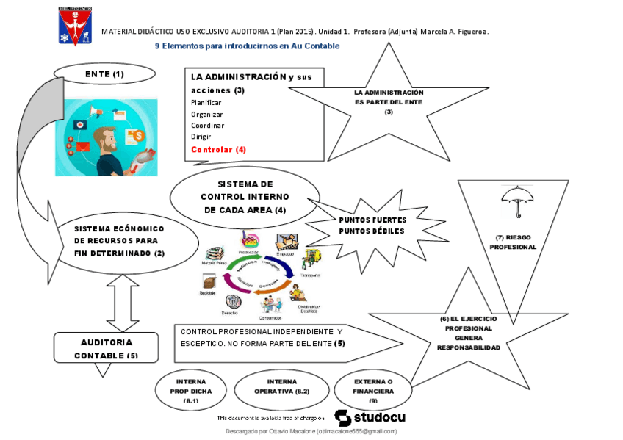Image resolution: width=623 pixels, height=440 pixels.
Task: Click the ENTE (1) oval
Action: pyautogui.click(x=104, y=73)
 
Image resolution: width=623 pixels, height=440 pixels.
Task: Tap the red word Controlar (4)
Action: pyautogui.click(x=218, y=149)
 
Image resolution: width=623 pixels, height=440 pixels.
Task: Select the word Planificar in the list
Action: pyautogui.click(x=206, y=102)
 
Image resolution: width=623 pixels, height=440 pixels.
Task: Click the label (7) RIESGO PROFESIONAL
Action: pyautogui.click(x=514, y=242)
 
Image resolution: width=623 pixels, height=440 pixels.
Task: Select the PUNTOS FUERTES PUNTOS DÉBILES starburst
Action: pyautogui.click(x=372, y=225)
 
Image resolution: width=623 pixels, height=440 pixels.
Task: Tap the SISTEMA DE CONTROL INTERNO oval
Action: pyautogui.click(x=240, y=196)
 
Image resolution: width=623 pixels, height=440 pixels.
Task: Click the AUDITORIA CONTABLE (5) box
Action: pyautogui.click(x=106, y=348)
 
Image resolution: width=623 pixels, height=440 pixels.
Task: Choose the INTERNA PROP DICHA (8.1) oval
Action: pyautogui.click(x=192, y=391)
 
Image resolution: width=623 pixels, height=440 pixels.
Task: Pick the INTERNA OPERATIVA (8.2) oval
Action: pyautogui.click(x=282, y=387)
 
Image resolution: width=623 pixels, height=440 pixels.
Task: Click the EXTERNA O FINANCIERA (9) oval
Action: pyautogui.click(x=373, y=391)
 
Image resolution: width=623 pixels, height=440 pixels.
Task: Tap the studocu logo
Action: pyautogui.click(x=370, y=417)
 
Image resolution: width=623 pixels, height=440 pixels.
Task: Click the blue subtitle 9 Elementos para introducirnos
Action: pyautogui.click(x=247, y=46)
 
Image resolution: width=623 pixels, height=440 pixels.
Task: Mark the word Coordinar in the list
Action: pyautogui.click(x=208, y=126)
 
